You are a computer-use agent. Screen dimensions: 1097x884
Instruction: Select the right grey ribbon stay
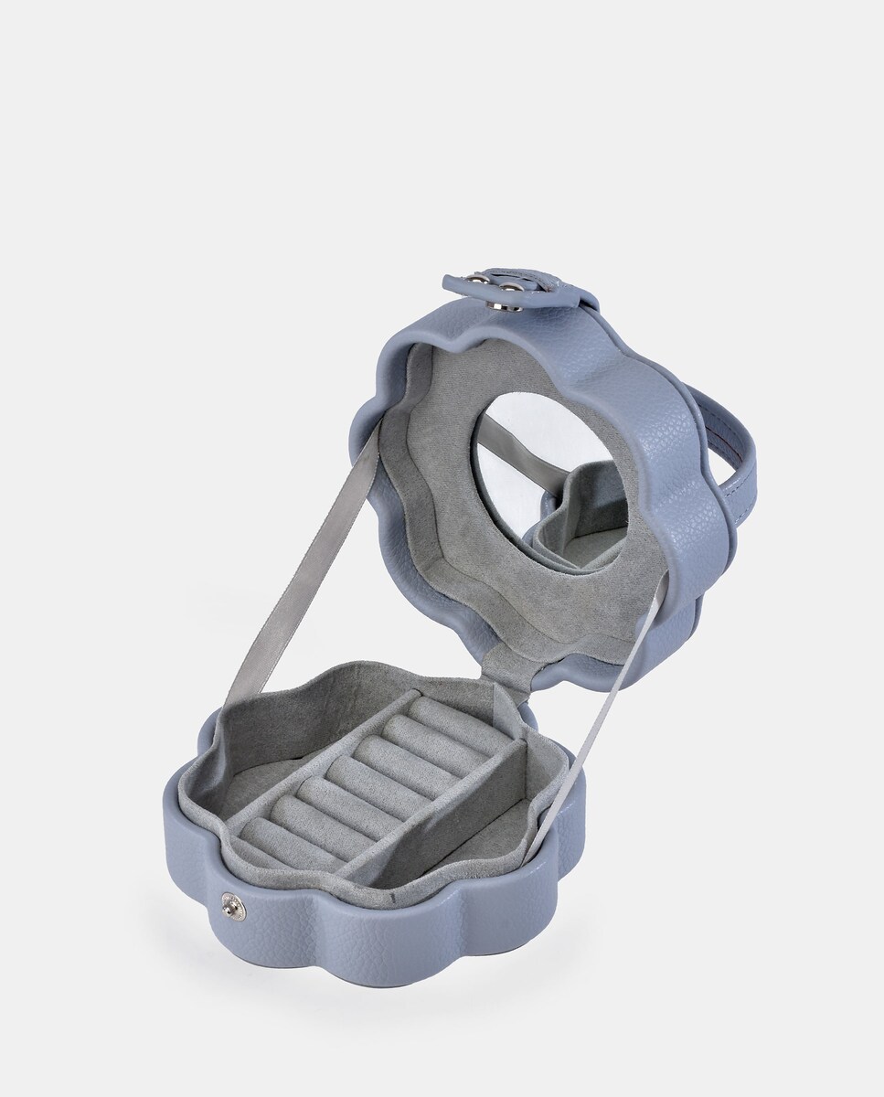pos(603,713)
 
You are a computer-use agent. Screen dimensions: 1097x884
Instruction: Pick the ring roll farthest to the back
pos(448,718)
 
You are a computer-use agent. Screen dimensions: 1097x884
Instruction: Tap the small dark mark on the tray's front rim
pos(392,900)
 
